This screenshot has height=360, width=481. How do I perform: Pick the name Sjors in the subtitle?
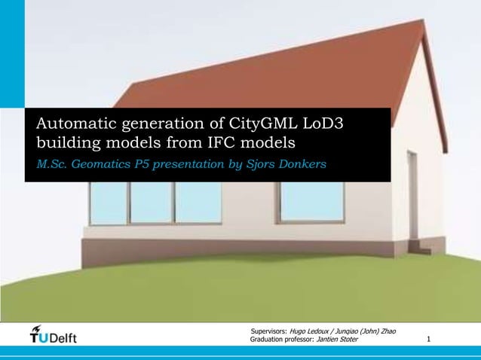point(263,163)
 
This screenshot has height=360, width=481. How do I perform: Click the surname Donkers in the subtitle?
point(303,163)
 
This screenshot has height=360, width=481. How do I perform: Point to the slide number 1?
point(429,340)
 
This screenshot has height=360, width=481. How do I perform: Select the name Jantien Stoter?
point(338,340)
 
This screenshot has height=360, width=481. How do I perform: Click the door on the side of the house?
point(412,200)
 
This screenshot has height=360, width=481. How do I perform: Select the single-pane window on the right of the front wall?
point(310,202)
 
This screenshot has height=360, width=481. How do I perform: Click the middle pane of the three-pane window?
point(152,203)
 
